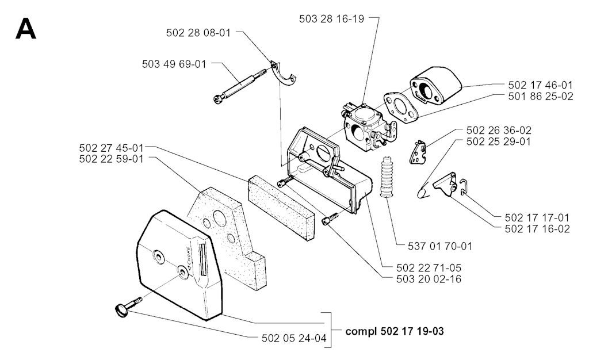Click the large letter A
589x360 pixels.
click(26, 29)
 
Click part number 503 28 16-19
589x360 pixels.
click(331, 18)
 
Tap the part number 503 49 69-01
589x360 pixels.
click(174, 64)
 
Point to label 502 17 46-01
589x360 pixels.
click(540, 85)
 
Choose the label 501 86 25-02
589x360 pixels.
click(540, 97)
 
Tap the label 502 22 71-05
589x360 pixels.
click(429, 267)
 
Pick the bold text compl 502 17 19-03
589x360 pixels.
click(395, 332)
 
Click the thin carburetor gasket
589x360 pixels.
click(397, 106)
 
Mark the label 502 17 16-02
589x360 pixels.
click(537, 228)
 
